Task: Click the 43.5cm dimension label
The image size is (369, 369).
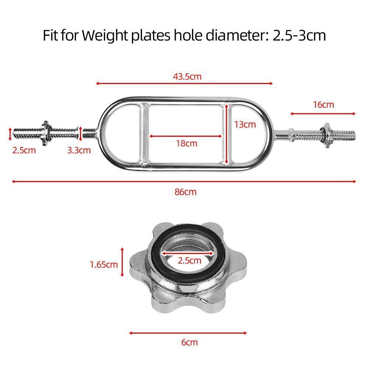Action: (x=187, y=77)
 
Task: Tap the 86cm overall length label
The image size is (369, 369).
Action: (x=185, y=192)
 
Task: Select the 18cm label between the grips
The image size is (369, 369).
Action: (x=187, y=143)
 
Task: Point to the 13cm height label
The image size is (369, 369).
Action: (x=245, y=125)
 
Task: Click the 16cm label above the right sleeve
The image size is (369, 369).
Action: (x=323, y=105)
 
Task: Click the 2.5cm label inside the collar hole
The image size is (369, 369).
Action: (x=189, y=261)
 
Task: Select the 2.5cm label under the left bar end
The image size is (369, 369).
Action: (x=24, y=150)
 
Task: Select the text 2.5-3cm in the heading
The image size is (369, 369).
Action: (x=294, y=35)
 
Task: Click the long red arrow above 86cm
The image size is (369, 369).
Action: (x=184, y=181)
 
